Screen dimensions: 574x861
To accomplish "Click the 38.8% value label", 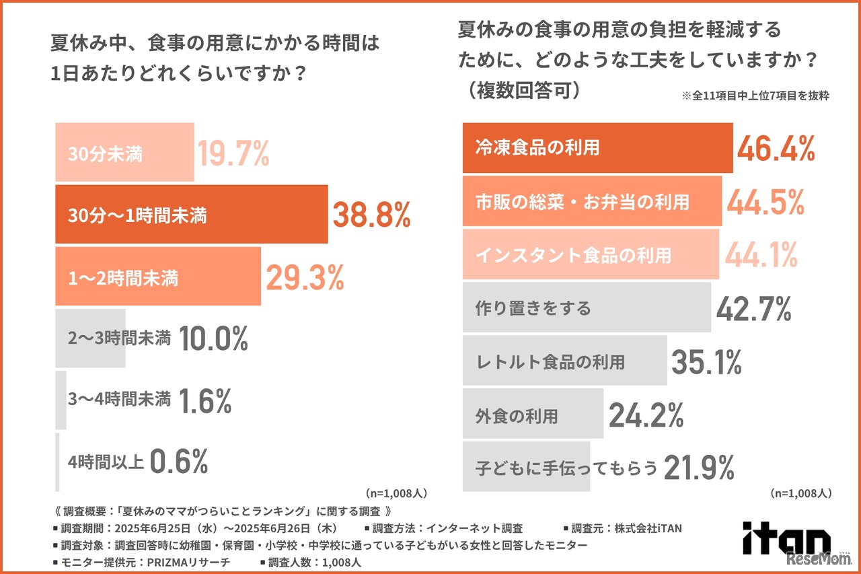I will click(x=371, y=215).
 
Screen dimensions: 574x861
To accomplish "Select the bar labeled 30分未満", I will click(x=124, y=153).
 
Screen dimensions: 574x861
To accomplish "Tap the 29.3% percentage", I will click(x=305, y=277).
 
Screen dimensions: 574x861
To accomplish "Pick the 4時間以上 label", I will click(x=106, y=462).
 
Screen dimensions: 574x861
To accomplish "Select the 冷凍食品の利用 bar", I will click(x=597, y=148).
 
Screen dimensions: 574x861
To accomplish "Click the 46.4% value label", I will click(x=777, y=148).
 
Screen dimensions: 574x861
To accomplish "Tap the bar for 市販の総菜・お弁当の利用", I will click(x=592, y=201).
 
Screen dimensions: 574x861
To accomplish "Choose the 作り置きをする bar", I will click(x=586, y=308).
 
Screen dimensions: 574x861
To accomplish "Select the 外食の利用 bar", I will click(x=531, y=416).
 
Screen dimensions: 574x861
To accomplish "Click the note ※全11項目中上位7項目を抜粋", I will click(x=755, y=96).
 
